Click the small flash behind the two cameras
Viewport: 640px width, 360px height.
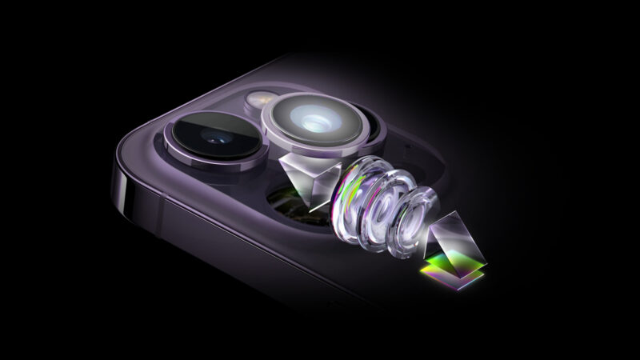(258, 98)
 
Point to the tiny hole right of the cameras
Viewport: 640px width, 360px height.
(410, 150)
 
